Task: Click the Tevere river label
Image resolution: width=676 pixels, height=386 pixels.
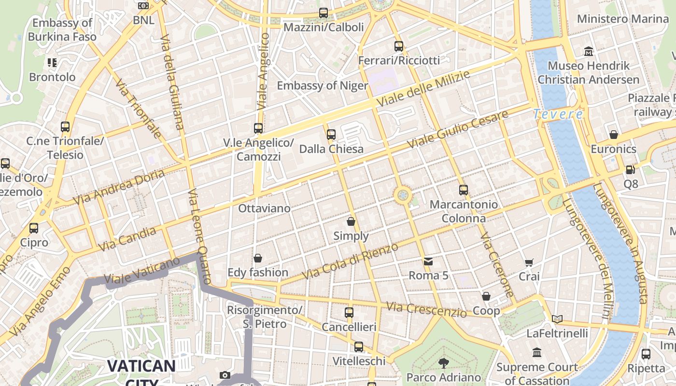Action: click(x=558, y=114)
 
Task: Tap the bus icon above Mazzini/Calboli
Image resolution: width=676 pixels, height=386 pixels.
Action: click(x=324, y=13)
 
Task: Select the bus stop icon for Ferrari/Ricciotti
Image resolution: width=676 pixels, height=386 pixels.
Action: click(x=399, y=46)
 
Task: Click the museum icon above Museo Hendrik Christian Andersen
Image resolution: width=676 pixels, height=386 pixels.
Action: click(x=589, y=51)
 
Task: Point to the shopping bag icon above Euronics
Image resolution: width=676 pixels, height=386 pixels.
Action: click(x=614, y=135)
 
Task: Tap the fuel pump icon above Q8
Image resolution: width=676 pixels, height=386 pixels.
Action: click(x=630, y=170)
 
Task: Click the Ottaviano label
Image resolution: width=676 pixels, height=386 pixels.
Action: click(x=264, y=208)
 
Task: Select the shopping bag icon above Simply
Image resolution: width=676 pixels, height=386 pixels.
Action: click(x=351, y=221)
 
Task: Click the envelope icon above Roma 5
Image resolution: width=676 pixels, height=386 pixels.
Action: click(x=428, y=262)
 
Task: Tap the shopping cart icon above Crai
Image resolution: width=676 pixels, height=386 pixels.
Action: click(x=529, y=262)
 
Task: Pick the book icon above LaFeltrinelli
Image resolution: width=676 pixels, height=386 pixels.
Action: click(x=557, y=319)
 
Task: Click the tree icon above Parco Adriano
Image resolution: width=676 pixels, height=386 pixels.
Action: click(x=443, y=363)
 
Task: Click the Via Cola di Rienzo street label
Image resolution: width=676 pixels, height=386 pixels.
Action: click(x=350, y=261)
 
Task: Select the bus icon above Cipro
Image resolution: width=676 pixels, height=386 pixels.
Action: click(x=34, y=228)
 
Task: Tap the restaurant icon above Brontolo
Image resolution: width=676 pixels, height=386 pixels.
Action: click(x=52, y=63)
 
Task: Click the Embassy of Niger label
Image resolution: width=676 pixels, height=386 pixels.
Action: click(x=322, y=86)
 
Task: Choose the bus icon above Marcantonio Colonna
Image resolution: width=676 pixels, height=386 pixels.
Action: click(x=464, y=190)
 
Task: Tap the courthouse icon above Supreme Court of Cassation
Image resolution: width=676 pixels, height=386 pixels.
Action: click(x=537, y=353)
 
